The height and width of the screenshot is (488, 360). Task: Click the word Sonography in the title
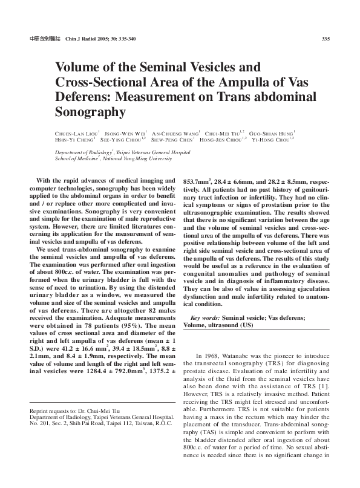[x=90, y=112]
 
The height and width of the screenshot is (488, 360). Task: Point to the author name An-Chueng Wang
[x=175, y=132]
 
